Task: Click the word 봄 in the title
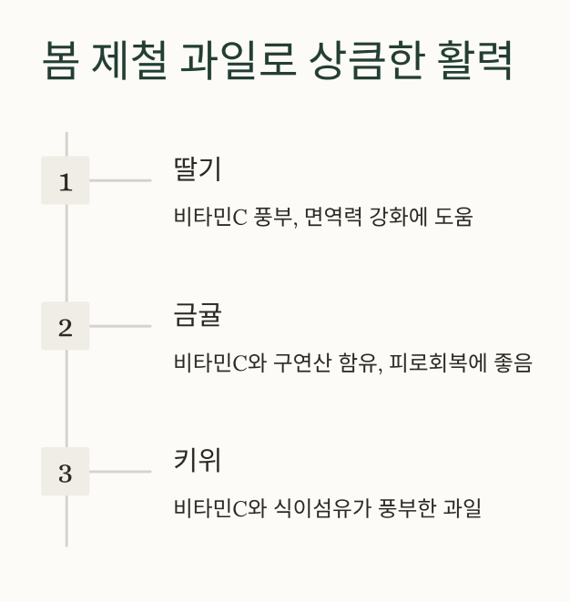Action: click(61, 61)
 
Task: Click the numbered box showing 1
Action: click(65, 181)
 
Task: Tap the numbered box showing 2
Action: click(65, 327)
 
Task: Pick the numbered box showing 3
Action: click(65, 473)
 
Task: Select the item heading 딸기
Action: click(197, 169)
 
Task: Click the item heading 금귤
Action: click(197, 315)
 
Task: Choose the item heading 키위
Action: click(197, 461)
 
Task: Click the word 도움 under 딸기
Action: click(453, 218)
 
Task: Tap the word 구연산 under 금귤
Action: click(300, 363)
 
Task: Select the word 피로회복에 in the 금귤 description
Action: click(434, 363)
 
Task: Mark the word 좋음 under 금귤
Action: click(513, 363)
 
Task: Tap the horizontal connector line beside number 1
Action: click(120, 180)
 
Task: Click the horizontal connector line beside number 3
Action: click(120, 472)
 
